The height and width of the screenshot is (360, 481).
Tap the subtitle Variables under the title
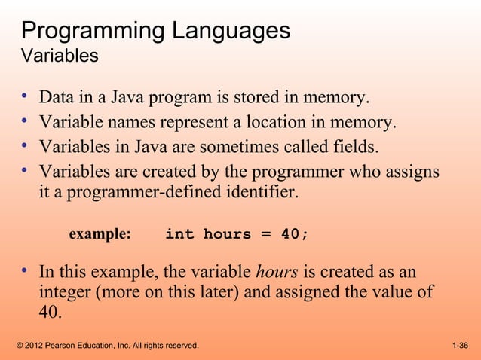pos(60,56)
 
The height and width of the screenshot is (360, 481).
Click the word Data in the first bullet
pos(56,98)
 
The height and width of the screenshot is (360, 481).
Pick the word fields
pos(352,145)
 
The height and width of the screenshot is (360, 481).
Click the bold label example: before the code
pos(100,234)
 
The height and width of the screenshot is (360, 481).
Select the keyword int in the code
pos(179,234)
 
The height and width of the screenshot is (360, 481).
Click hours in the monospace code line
pos(227,234)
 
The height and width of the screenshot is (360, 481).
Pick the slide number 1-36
pos(460,346)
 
